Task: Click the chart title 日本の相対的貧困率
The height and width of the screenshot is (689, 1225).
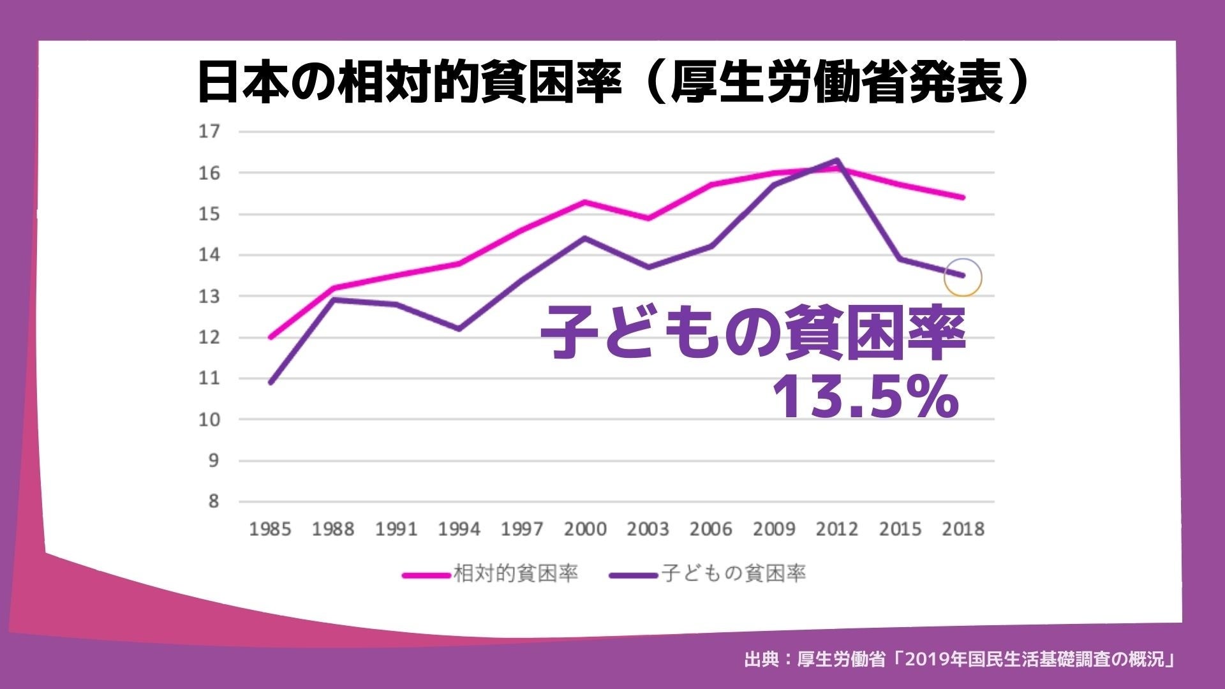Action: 408,83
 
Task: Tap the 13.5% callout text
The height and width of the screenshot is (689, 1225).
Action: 865,397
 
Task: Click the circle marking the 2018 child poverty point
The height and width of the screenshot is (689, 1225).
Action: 962,278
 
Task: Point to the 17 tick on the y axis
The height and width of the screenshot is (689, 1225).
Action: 209,131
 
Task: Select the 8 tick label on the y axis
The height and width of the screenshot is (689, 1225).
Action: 213,501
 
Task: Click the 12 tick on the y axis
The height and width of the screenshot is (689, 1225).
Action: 209,337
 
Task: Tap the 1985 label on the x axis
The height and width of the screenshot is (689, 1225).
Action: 270,530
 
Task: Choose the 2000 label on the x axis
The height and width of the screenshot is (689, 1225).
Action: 585,530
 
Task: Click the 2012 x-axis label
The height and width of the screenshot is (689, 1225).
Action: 837,530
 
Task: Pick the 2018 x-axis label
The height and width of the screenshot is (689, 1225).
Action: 963,530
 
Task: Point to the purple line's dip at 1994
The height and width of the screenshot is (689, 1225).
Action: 459,329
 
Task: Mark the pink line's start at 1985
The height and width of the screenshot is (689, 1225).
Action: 271,337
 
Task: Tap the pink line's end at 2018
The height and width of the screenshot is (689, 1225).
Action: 963,197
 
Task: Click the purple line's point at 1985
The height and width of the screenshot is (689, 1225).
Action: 271,383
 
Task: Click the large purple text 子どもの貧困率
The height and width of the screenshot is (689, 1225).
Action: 753,333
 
